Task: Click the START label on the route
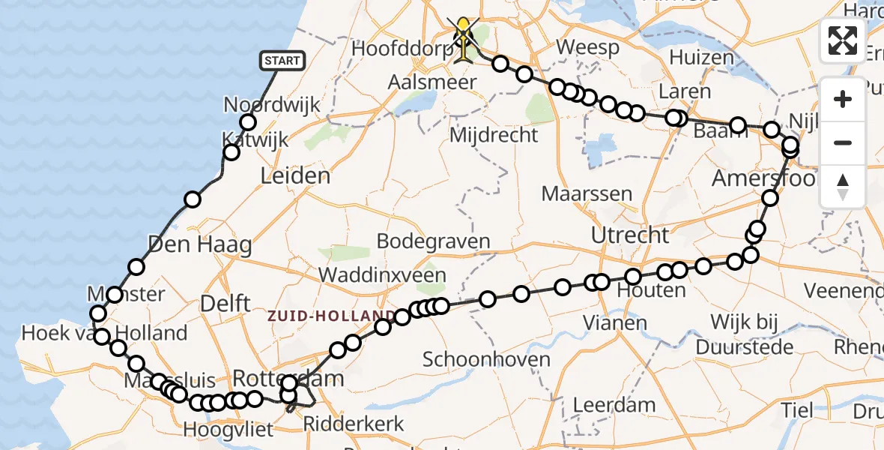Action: point(282,61)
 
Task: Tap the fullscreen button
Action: point(843,40)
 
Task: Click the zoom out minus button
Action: point(843,142)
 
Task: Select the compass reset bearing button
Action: point(843,186)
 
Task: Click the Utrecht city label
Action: point(630,235)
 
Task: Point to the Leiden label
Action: point(295,176)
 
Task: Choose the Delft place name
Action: point(225,304)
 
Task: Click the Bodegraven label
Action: point(433,241)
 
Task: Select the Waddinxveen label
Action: point(382,275)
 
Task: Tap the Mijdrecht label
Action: point(494,135)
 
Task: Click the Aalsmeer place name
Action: point(432,82)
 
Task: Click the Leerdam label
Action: point(614,405)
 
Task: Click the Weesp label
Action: point(588,48)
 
